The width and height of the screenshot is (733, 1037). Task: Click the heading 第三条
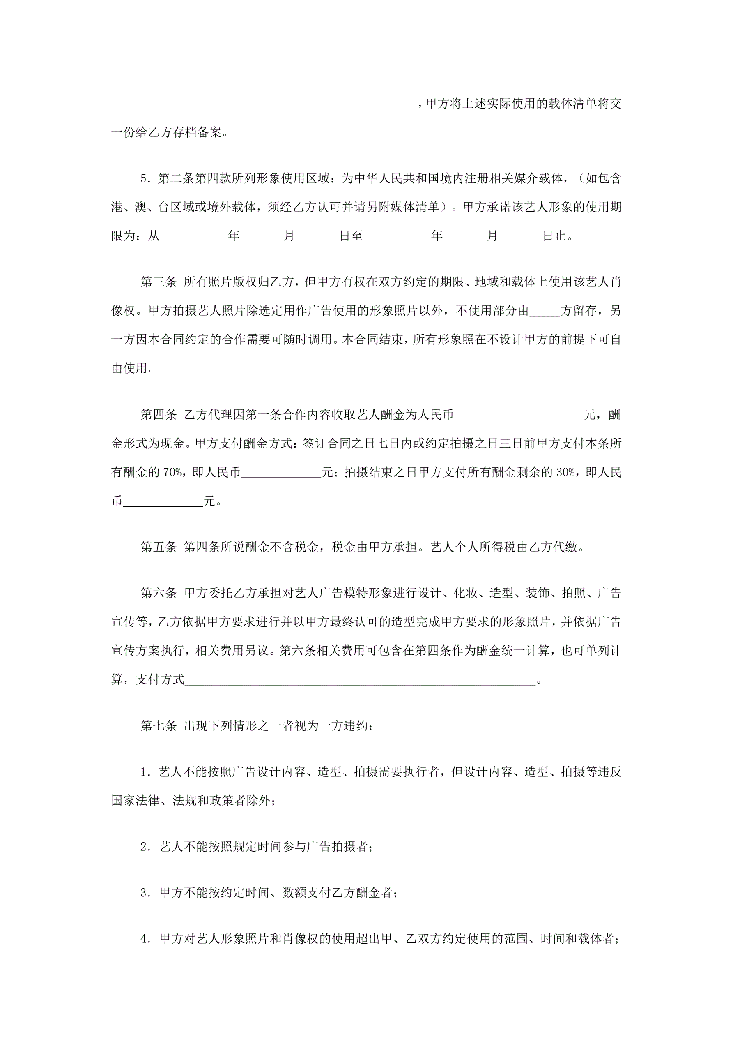click(x=159, y=282)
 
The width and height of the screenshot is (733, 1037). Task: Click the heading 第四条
click(x=159, y=415)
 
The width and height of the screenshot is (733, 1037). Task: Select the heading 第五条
click(x=159, y=547)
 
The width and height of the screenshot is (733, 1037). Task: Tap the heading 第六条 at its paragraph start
click(x=159, y=593)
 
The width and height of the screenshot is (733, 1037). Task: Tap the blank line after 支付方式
click(x=360, y=679)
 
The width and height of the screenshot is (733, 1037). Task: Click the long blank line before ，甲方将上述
click(x=273, y=104)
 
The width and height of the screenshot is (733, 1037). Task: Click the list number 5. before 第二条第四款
click(x=145, y=179)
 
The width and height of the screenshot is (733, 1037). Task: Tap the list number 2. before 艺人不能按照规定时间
click(x=145, y=847)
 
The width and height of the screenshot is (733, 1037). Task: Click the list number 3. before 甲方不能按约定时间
click(x=145, y=893)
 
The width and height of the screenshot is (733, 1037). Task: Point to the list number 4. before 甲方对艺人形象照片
click(x=145, y=939)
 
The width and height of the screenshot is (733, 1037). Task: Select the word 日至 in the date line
click(x=351, y=236)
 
